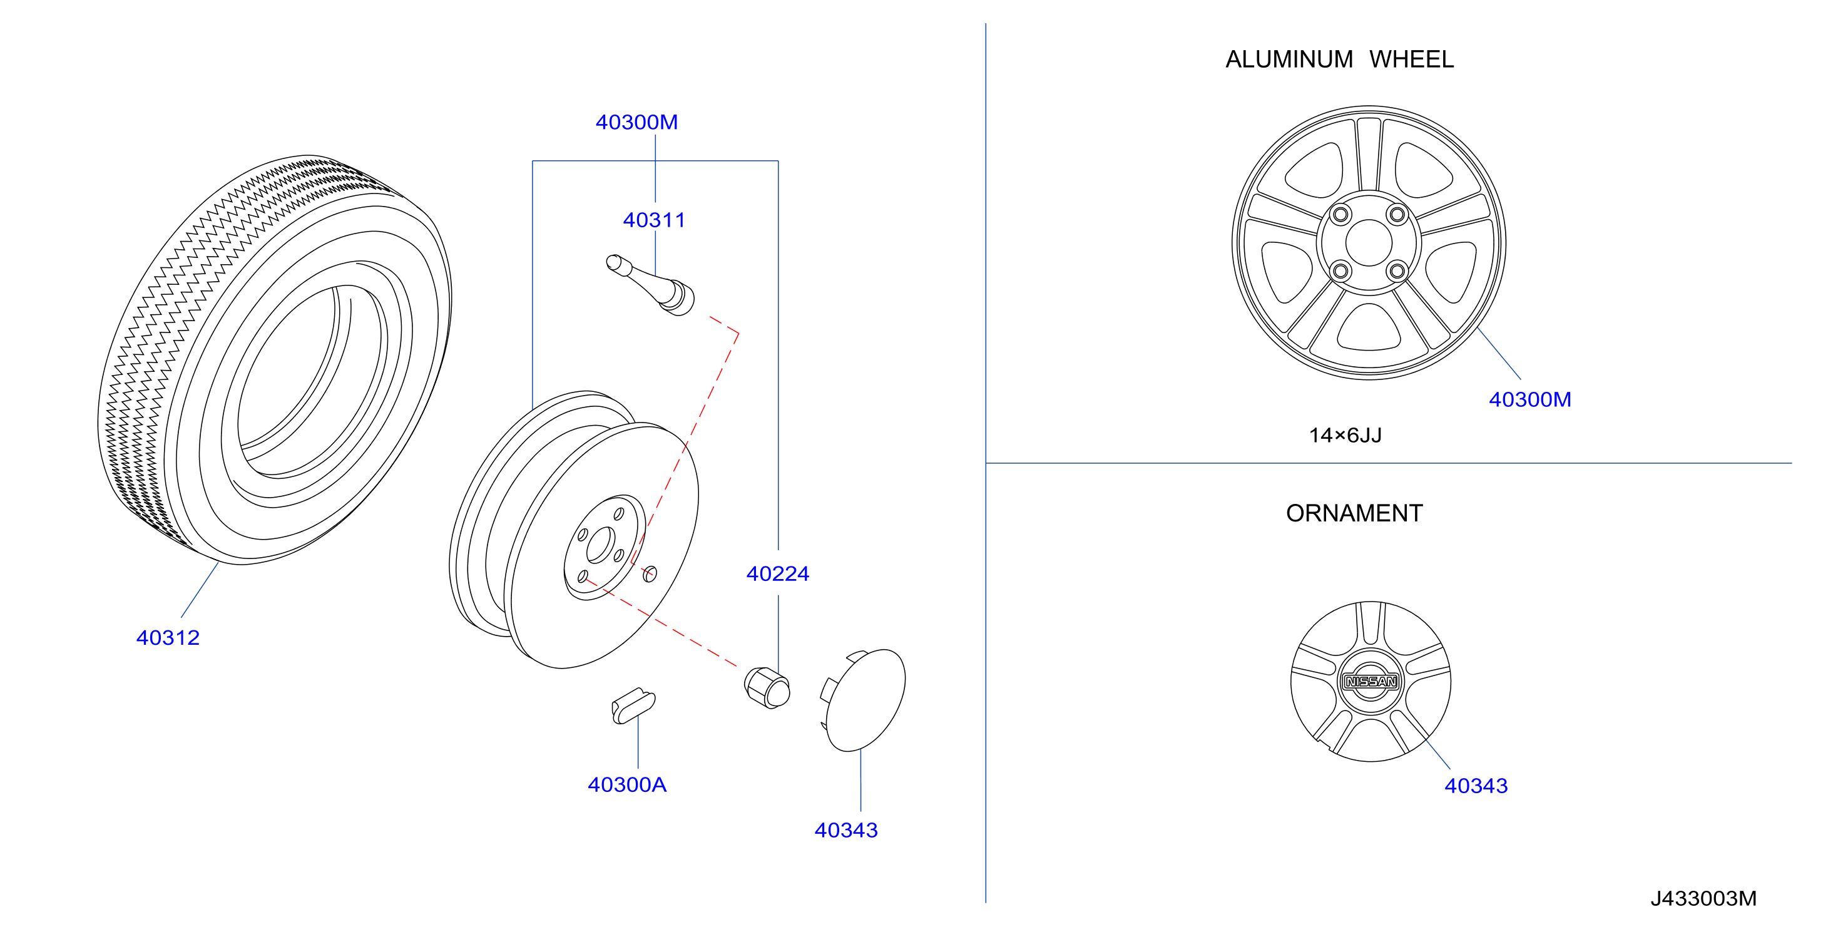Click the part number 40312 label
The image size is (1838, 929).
(168, 637)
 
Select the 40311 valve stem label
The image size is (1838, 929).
(653, 220)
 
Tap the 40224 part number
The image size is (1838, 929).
(778, 573)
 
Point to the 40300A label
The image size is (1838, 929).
(627, 784)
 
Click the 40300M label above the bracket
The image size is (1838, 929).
(636, 122)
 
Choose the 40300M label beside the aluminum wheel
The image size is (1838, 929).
(1529, 399)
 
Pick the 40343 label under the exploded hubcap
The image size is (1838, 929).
(846, 830)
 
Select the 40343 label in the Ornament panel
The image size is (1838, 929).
(1476, 786)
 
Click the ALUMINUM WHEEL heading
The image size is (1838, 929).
(1339, 59)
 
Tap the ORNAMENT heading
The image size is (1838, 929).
(1354, 513)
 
